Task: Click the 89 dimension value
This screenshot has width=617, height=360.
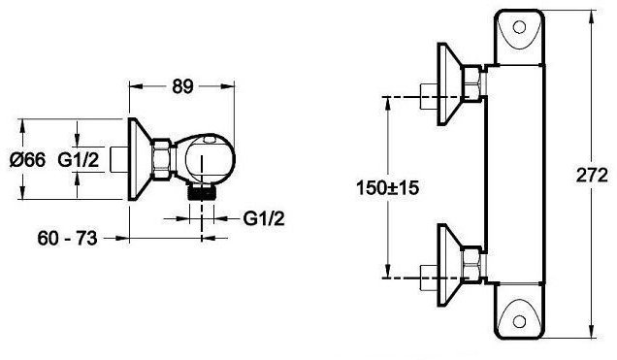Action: click(182, 86)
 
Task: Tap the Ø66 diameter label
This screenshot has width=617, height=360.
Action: click(28, 160)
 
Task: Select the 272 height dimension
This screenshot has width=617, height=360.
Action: click(592, 175)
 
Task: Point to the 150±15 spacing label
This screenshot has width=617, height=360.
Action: click(388, 187)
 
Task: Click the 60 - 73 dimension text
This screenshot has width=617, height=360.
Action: click(67, 238)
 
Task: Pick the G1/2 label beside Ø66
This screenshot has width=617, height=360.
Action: click(79, 160)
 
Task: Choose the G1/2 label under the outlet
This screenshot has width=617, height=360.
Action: click(264, 218)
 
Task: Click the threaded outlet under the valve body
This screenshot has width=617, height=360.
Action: click(202, 192)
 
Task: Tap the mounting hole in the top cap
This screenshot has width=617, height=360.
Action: click(519, 27)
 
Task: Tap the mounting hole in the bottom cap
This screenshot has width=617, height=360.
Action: click(519, 321)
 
